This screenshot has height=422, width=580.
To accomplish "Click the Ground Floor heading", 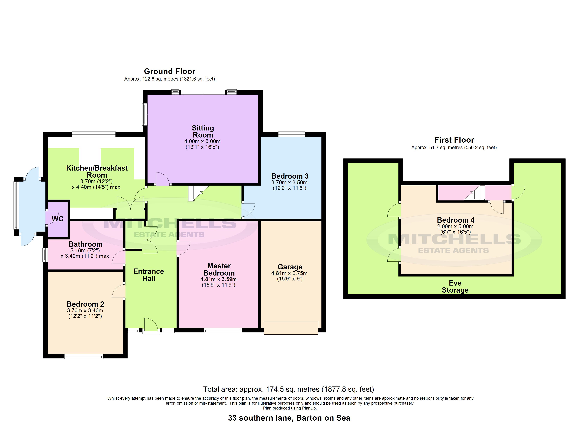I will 170,71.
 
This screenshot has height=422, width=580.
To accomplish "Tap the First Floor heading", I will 454,140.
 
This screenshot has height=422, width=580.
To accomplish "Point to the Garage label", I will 290,267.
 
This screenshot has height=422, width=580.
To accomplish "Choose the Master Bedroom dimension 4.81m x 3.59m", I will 218,279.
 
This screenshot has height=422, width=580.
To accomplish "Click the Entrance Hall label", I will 149,275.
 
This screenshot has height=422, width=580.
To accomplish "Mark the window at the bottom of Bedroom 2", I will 84,356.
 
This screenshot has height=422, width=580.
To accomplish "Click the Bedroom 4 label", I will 455,220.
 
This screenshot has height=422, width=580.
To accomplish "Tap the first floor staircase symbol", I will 475,193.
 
